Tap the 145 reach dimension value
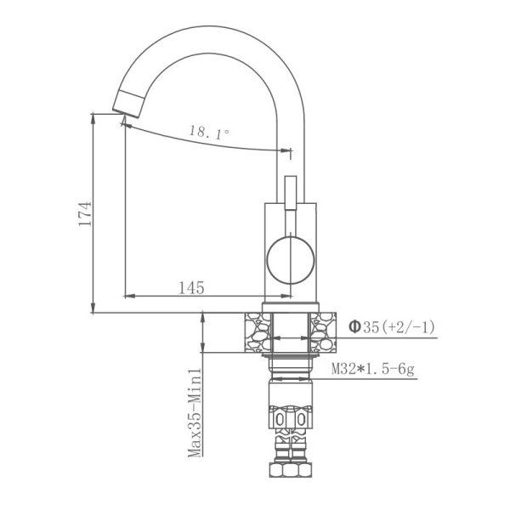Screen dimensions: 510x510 [x=191, y=288]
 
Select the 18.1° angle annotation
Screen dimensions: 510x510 [x=209, y=133]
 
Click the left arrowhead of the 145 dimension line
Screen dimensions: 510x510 [x=127, y=297]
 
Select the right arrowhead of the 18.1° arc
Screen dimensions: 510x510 [x=286, y=152]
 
